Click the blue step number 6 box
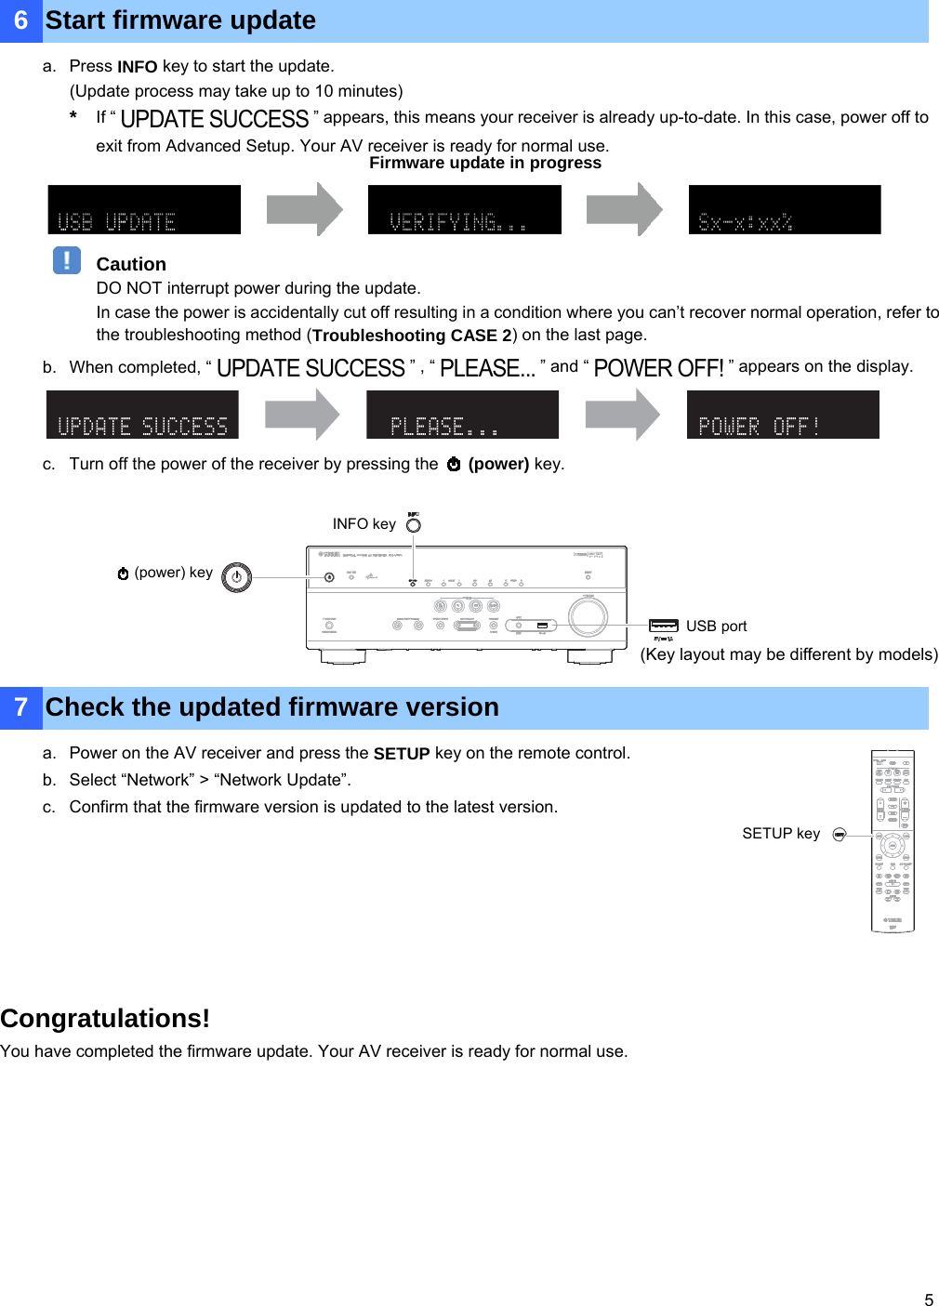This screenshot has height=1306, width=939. (x=20, y=20)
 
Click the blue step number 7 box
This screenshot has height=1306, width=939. (x=20, y=707)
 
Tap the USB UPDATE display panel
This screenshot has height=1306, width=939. (x=144, y=210)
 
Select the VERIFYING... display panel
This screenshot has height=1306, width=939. (x=464, y=210)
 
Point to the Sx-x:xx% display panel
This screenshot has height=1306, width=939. (x=784, y=210)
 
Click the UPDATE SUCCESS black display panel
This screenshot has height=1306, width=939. (x=142, y=415)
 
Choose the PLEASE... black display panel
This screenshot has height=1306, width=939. (x=462, y=415)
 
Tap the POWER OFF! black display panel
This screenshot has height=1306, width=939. (x=782, y=415)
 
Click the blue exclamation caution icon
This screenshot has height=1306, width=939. (x=67, y=260)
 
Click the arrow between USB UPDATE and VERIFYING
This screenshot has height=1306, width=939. (x=304, y=209)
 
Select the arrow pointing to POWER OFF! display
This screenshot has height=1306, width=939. (x=622, y=415)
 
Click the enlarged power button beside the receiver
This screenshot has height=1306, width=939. (x=237, y=577)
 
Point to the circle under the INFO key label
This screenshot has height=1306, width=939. (x=414, y=525)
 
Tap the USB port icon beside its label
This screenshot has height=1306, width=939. (x=664, y=626)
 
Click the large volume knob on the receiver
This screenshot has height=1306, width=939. (x=588, y=615)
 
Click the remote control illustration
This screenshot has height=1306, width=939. (x=893, y=840)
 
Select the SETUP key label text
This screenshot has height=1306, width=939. (x=781, y=834)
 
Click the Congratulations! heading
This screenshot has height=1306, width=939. (x=105, y=1019)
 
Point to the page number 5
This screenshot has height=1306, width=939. (x=928, y=1299)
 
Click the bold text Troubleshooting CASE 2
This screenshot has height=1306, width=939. (x=412, y=336)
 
